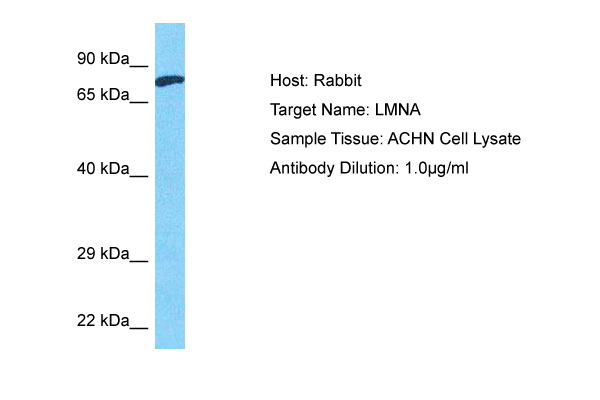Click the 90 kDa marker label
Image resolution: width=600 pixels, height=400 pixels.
point(104,60)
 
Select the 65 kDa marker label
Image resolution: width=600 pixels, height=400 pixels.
point(104,95)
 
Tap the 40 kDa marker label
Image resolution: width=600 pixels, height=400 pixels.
point(104,170)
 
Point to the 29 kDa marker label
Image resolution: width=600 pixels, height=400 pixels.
point(104,255)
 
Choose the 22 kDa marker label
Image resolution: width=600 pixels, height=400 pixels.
point(104,321)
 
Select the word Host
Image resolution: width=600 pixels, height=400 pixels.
point(287,81)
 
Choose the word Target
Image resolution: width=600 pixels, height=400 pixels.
point(293,110)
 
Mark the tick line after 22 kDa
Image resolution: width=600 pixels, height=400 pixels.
point(139,328)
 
